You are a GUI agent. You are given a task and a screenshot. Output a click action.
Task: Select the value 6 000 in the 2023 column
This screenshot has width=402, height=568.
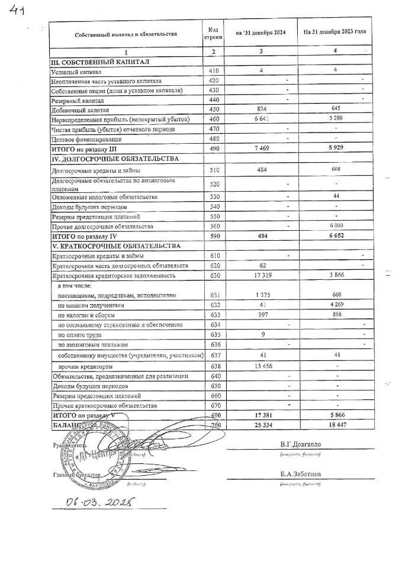[335, 226]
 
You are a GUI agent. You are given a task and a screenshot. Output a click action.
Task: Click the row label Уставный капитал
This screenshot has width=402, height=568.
[74, 71]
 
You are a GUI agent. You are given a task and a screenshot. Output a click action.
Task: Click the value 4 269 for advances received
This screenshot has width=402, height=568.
[335, 305]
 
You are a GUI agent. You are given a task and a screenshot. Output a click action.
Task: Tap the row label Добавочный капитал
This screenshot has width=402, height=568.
[76, 110]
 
